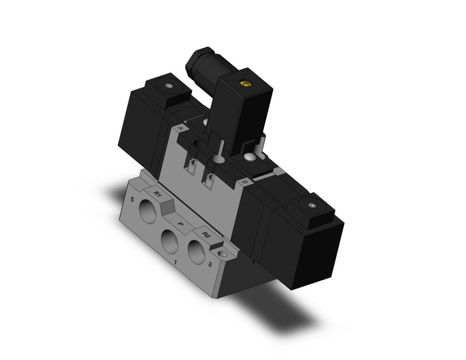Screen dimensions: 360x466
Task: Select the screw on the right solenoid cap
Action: click(x=313, y=205)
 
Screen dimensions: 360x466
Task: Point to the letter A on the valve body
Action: click(x=180, y=129)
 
